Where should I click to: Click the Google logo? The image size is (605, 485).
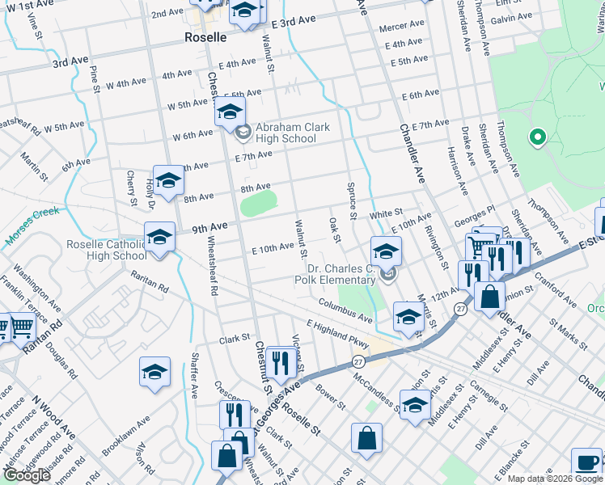point(26,475)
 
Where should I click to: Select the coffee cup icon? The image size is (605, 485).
point(586,462)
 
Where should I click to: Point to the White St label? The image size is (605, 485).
point(387,213)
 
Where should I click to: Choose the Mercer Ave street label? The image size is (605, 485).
point(401,26)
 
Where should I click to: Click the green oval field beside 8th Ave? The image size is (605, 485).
point(258,202)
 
